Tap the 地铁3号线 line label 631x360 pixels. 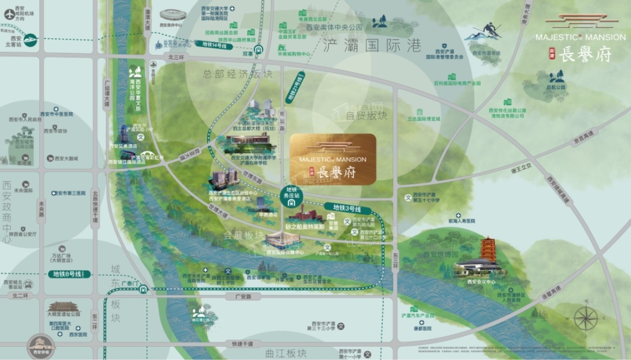pos(340,207)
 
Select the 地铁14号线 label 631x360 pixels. pos(215,46)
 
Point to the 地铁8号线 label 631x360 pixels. pos(67,274)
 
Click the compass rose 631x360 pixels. pos(585,318)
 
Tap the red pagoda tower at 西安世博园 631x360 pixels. pos(488,250)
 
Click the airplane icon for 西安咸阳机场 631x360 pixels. pos(9,15)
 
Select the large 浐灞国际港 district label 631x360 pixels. pos(372,45)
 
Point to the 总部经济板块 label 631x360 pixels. pos(237,74)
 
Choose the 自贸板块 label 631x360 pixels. pos(366,115)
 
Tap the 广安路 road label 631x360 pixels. pos(237,297)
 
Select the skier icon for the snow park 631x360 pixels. pos(489,30)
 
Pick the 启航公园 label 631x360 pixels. pos(557,88)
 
